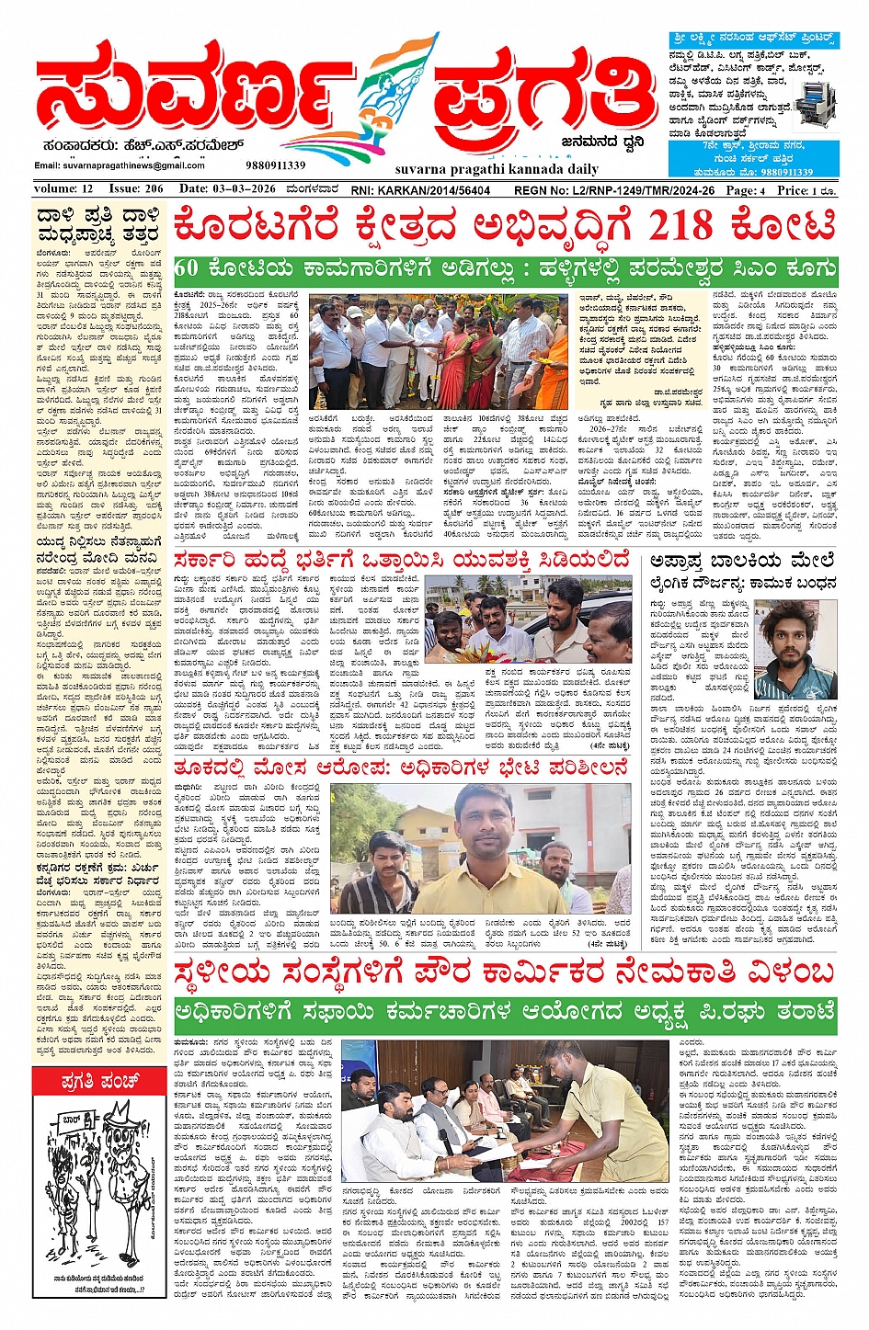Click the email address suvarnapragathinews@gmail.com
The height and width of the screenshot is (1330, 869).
(120, 165)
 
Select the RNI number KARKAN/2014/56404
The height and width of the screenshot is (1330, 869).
(420, 190)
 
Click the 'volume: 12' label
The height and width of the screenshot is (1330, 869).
(63, 189)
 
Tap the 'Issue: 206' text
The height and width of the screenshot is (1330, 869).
(136, 189)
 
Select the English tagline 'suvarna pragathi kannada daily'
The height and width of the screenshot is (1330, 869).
(484, 169)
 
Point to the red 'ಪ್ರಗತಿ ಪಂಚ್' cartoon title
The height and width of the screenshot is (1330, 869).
(99, 1080)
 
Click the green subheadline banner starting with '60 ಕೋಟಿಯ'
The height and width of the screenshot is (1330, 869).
(505, 270)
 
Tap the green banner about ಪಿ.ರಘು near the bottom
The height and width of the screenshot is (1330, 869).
(505, 1014)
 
